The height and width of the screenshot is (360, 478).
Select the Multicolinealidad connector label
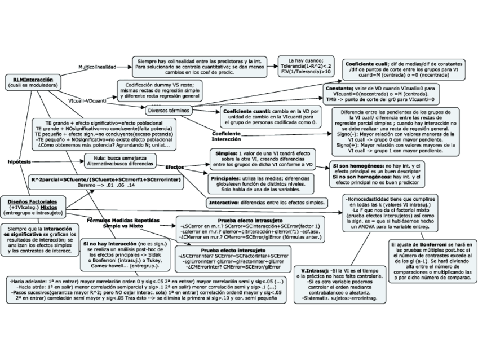(x=96, y=67)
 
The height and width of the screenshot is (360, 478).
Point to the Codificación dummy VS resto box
(x=161, y=90)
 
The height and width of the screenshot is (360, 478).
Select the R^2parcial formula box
(x=106, y=182)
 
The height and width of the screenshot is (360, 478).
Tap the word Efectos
(x=175, y=167)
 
